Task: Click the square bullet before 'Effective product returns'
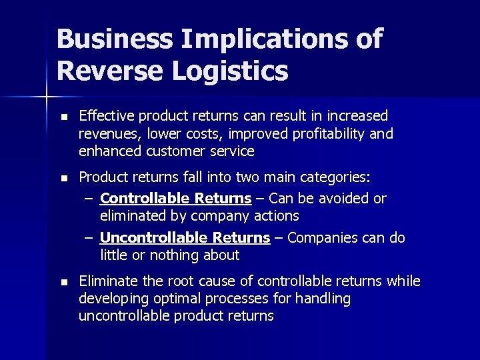63,117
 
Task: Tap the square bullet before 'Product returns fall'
63,179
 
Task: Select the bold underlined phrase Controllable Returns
175,199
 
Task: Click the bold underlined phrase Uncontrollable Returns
185,238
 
